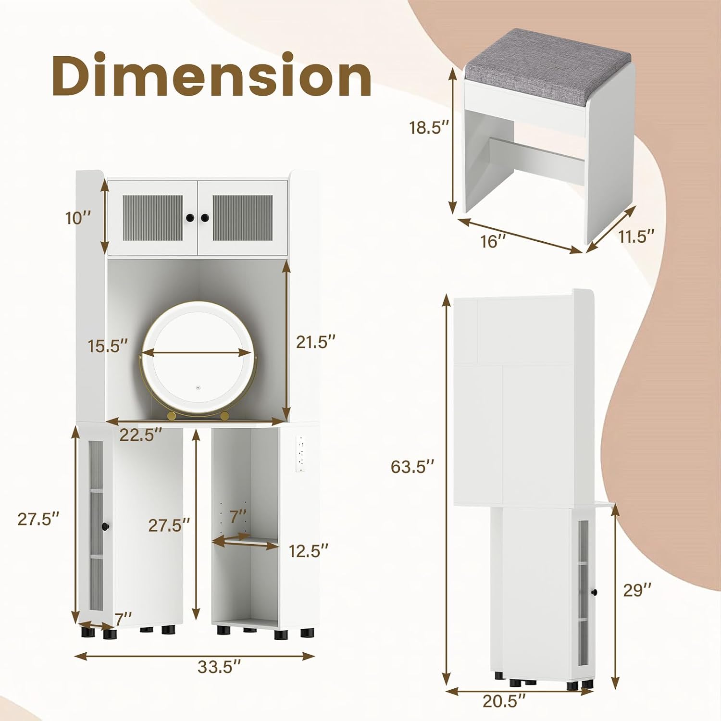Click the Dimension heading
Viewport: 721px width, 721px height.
tap(211, 75)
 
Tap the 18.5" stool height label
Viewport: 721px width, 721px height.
tap(429, 128)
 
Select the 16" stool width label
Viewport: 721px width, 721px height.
tap(493, 241)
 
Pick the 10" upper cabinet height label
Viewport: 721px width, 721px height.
tap(78, 218)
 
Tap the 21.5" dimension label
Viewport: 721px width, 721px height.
tap(315, 342)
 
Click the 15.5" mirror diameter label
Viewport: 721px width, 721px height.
tap(108, 346)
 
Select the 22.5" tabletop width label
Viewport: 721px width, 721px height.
tap(140, 435)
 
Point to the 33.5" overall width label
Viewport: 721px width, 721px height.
tap(219, 667)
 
